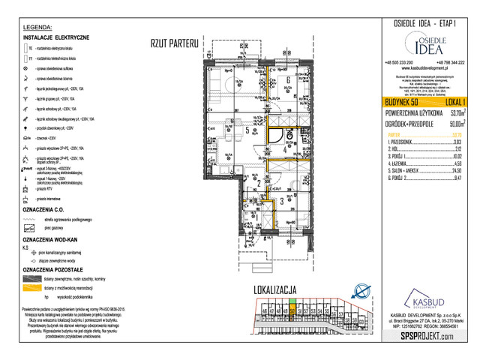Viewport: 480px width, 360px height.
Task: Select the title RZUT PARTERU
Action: coord(173,43)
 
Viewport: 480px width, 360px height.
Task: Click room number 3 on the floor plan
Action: coord(281,201)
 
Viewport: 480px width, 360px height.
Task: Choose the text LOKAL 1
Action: coord(453,100)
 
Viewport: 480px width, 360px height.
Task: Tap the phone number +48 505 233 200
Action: coord(403,61)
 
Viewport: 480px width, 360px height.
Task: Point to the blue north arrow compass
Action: coord(362,292)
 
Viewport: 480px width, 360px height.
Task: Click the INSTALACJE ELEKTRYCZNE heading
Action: coord(57,37)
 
